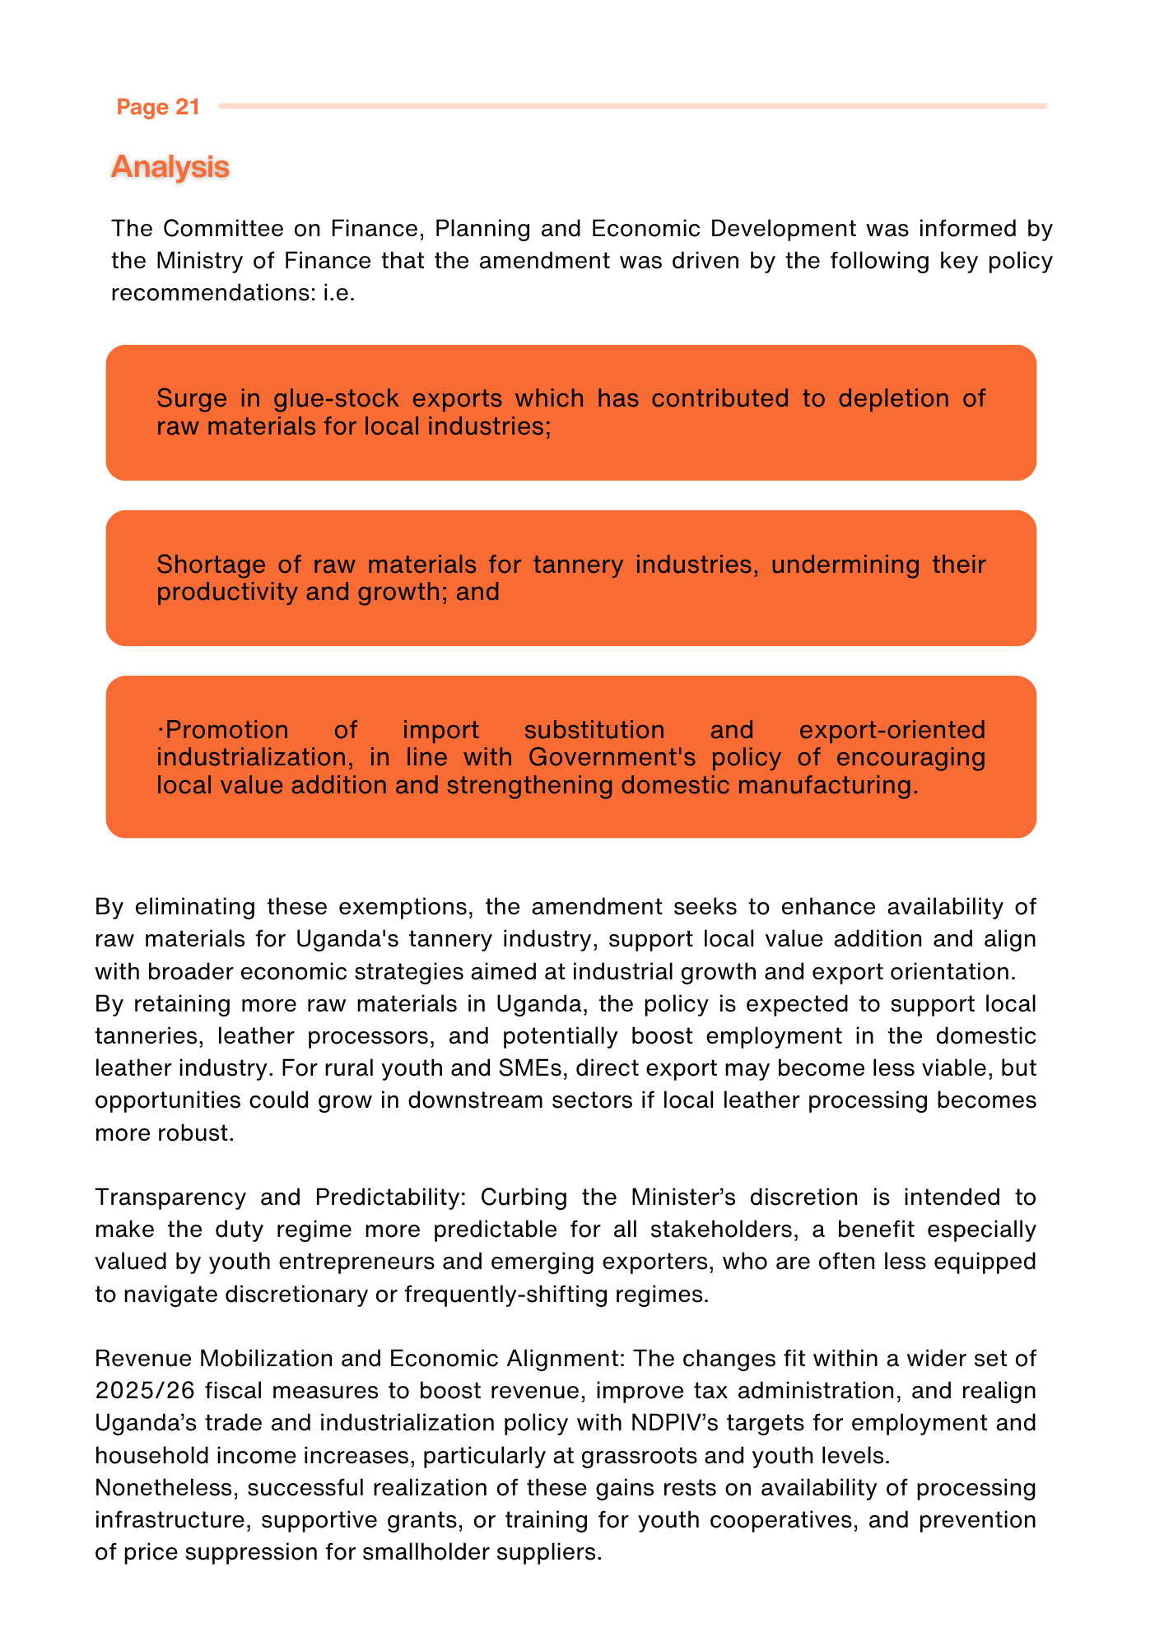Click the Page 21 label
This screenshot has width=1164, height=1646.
(158, 107)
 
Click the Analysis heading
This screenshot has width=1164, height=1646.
(170, 166)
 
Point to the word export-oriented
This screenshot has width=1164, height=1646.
(892, 730)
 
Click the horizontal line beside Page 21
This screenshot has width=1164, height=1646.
(632, 106)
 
